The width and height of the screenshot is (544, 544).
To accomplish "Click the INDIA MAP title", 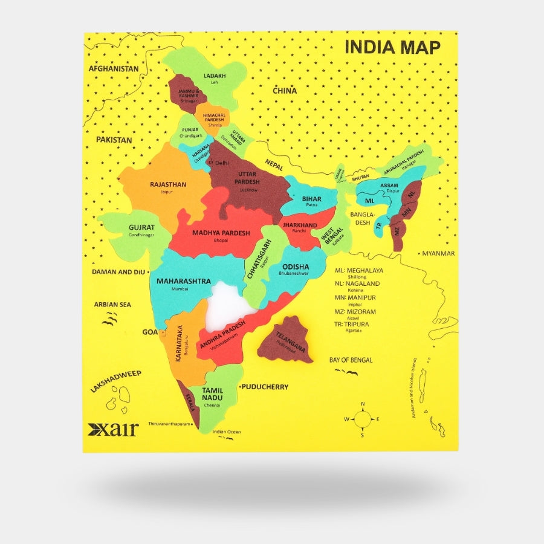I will point(392,47).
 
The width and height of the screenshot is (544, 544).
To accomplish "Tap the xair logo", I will point(113,429).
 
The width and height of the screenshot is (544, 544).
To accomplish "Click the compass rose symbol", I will point(362,418).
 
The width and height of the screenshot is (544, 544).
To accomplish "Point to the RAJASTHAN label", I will point(168,184).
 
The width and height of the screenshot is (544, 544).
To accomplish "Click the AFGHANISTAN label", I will point(114,68).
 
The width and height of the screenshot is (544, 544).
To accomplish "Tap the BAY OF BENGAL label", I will point(351,360).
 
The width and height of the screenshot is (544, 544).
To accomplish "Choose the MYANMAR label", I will point(438,253).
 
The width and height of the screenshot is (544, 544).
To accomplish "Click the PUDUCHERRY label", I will point(265,387).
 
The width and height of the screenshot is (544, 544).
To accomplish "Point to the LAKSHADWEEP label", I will point(115,382).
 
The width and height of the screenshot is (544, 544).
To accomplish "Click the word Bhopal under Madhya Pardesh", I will point(221,241).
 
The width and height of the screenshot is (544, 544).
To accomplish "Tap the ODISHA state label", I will point(295,267).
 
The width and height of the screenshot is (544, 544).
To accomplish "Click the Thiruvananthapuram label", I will point(169,424).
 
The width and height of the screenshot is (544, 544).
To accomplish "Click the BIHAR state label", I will point(311,198).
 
